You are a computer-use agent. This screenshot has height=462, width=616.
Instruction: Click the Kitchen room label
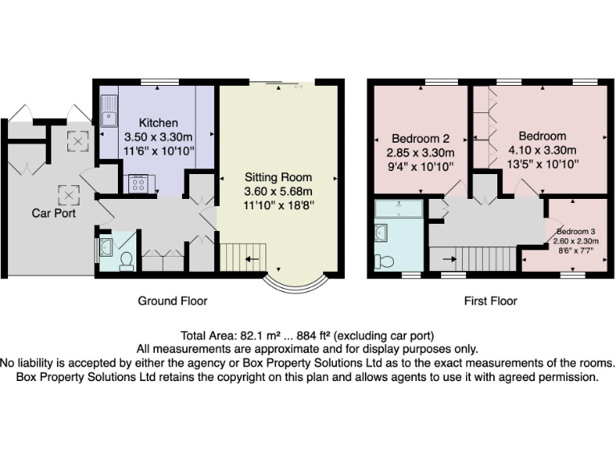tap(158, 123)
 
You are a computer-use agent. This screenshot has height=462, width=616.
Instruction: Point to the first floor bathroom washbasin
tap(382, 233)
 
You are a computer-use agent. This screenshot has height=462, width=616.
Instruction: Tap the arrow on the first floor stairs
tap(448, 259)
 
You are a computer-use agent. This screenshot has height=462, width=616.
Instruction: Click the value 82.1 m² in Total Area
tap(256, 335)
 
